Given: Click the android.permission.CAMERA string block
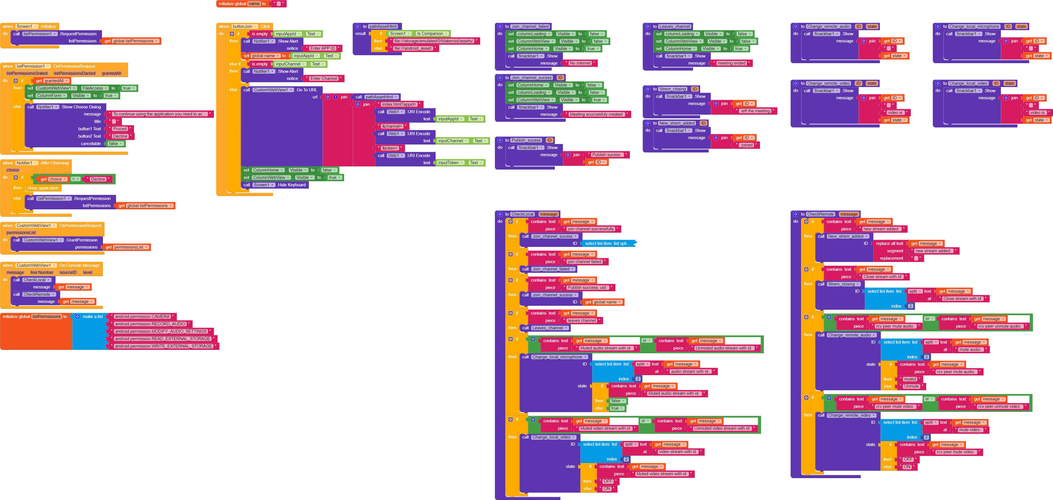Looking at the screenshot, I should [x=142, y=317].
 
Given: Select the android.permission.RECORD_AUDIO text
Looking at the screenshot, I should [x=150, y=324].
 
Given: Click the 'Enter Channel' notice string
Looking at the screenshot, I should [x=324, y=78].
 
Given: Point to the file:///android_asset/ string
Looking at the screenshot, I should [x=413, y=48].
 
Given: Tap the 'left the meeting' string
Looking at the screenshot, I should [x=755, y=111].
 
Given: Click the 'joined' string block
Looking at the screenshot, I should [x=746, y=145].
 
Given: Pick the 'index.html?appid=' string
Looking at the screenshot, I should [x=399, y=104].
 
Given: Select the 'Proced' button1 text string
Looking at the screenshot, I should [x=120, y=129].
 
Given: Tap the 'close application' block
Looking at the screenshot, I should [x=43, y=188].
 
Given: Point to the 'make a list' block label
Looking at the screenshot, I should [x=92, y=317].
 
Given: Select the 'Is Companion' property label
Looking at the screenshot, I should [x=430, y=34].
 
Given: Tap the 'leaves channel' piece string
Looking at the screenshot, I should [x=582, y=321].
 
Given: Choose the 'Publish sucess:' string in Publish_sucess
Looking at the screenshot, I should [x=607, y=154].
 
